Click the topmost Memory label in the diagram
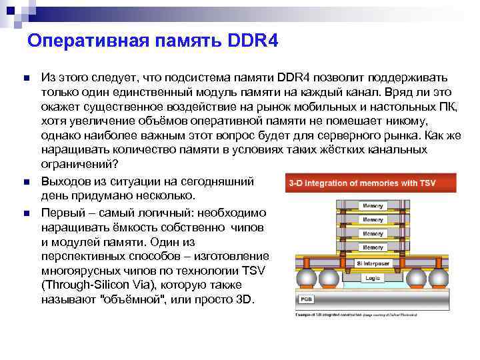[372, 205]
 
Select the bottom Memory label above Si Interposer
[372, 234]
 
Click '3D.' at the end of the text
[245, 301]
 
